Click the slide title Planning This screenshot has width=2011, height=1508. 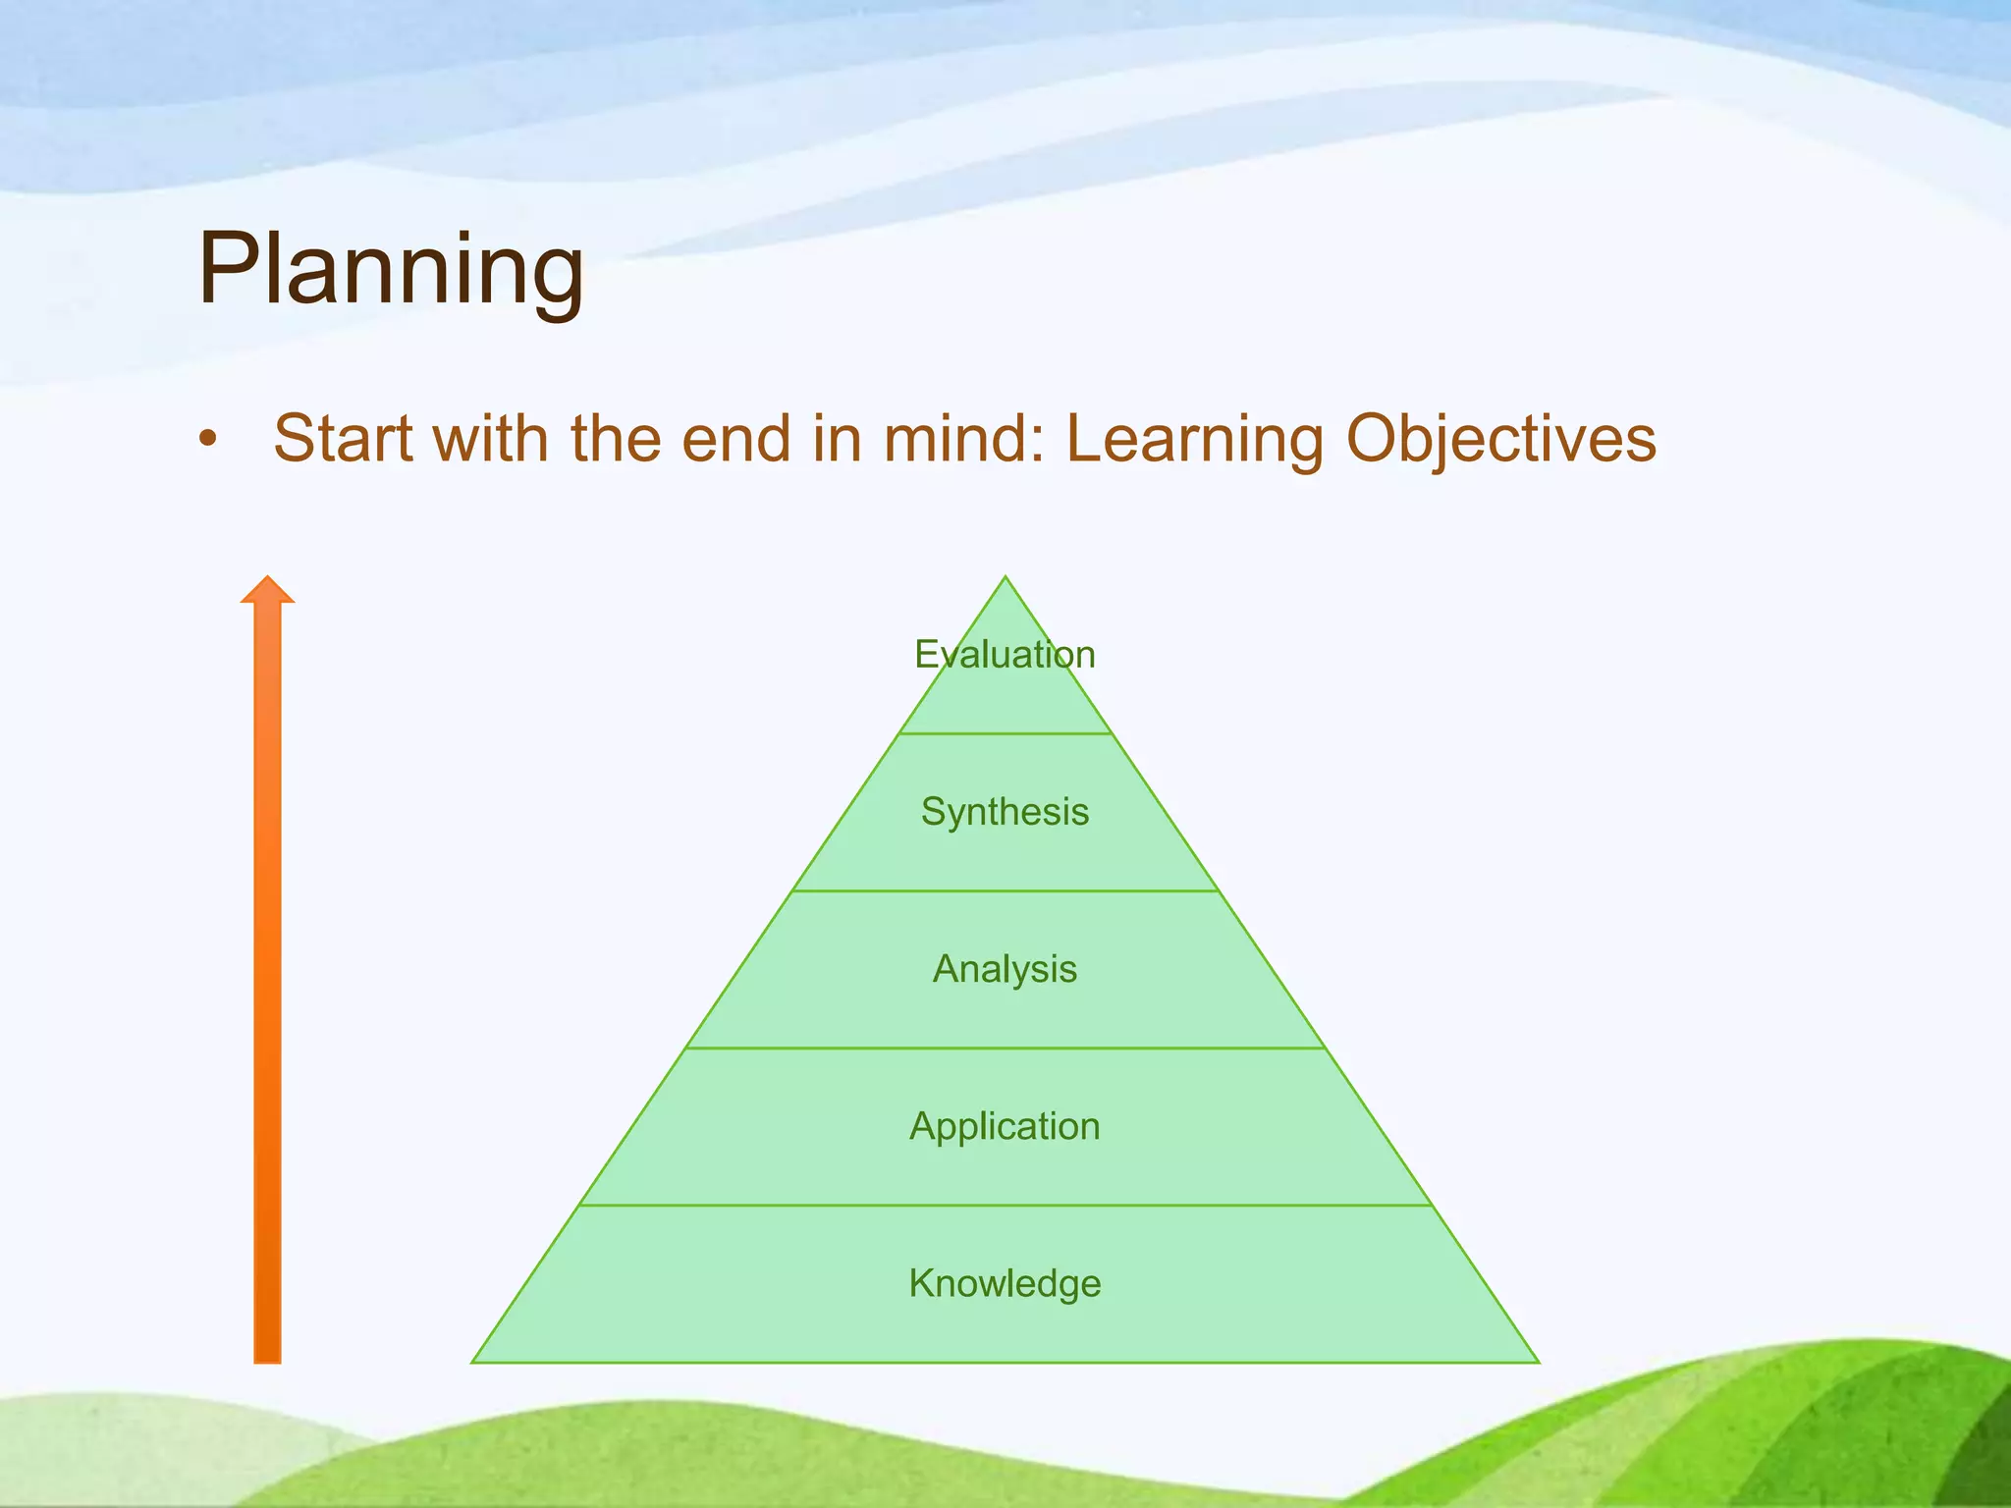coord(391,269)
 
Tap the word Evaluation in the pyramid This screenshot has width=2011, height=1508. coord(1005,655)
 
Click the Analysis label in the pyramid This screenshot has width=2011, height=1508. coord(1005,969)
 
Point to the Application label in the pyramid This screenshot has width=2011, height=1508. coord(1005,1126)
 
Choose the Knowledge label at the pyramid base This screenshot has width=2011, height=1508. coord(1005,1283)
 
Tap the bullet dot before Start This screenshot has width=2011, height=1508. coord(206,441)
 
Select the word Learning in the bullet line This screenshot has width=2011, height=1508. coord(1194,440)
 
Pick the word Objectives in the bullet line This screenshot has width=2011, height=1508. coord(1500,440)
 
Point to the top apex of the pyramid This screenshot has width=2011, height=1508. coord(1005,580)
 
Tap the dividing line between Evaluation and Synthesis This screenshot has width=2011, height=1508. coord(1005,733)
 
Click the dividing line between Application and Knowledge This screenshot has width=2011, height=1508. coord(1005,1205)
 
